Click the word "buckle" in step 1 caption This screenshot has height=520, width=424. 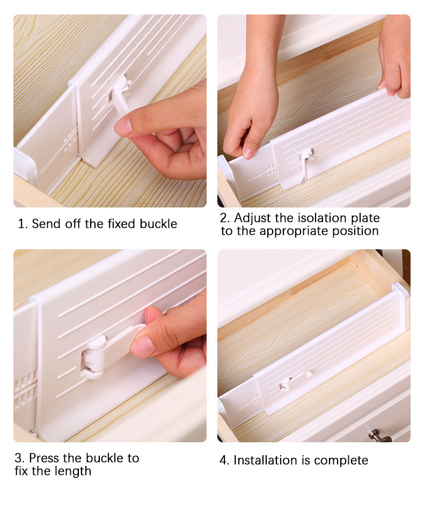tap(158, 224)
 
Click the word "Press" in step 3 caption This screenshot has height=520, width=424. tap(44, 458)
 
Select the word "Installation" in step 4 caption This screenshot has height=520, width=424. tap(265, 460)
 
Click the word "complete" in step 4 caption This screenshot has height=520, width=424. tap(341, 461)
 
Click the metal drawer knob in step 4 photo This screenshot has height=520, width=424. tap(379, 435)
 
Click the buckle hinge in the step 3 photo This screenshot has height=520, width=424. tap(94, 356)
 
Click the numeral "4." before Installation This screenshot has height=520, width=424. tap(224, 460)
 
